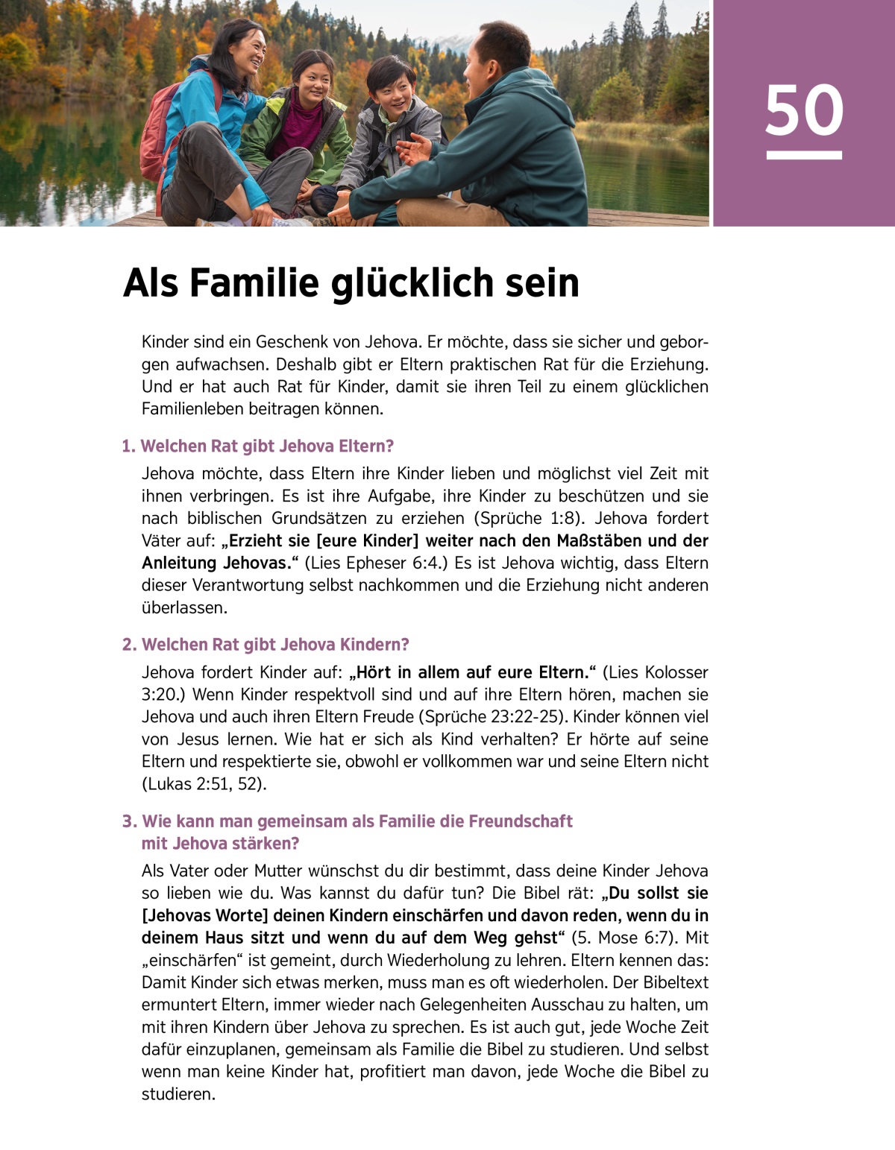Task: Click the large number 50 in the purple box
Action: point(803,110)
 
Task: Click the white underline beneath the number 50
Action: point(803,155)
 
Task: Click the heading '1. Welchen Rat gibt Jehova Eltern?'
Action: point(257,446)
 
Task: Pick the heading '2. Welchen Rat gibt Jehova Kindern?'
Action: point(266,645)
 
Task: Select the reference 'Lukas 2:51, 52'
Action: point(203,784)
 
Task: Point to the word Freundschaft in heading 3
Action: point(521,821)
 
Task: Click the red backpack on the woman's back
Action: point(160,123)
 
